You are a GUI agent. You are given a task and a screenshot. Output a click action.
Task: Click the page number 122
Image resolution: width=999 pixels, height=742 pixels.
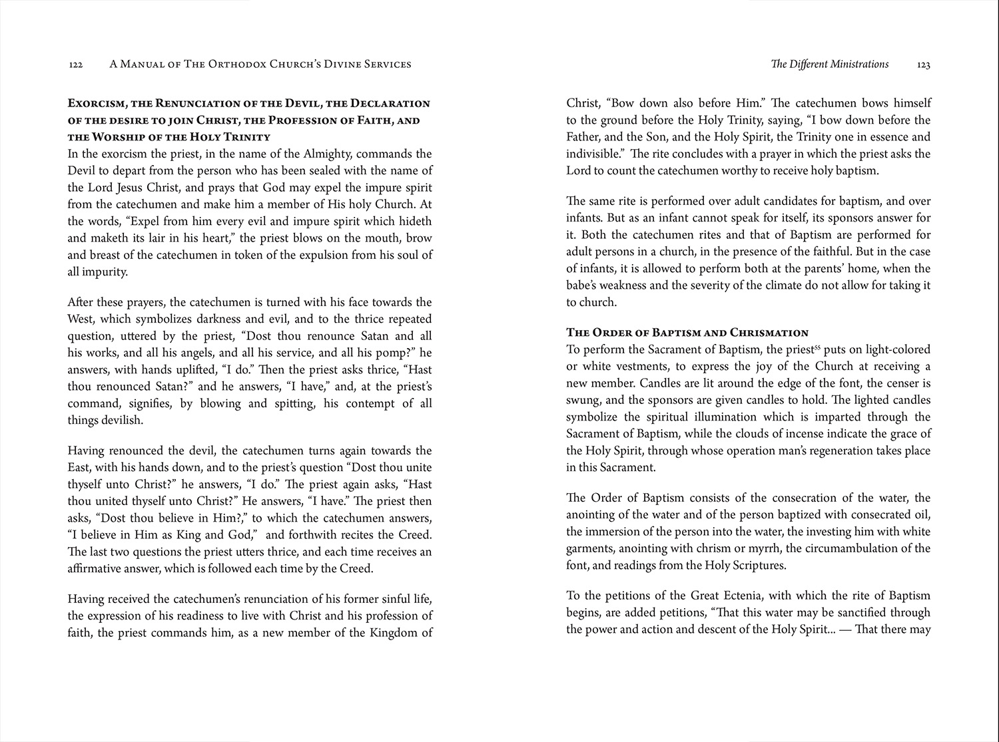(x=75, y=65)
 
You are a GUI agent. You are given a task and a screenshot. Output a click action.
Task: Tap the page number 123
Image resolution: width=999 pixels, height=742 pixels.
(x=923, y=65)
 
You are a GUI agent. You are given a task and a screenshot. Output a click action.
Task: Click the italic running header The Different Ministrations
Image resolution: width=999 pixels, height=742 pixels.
(x=829, y=65)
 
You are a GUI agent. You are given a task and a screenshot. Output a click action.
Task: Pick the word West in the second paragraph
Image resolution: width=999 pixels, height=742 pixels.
(x=80, y=319)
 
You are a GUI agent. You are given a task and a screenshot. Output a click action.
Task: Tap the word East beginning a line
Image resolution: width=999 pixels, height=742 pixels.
(x=79, y=467)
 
